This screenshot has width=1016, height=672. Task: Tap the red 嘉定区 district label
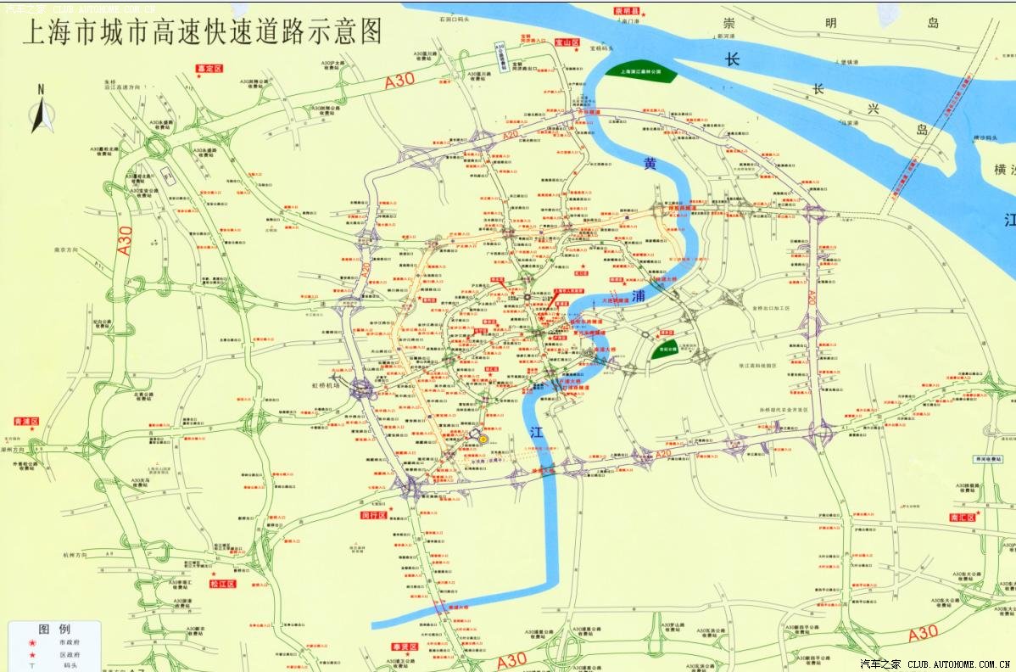(208, 68)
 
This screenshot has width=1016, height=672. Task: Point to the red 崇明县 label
(629, 12)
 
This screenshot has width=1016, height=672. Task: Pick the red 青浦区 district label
(27, 421)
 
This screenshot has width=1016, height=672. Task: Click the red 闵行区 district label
(374, 515)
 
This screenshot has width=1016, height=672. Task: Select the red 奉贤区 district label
(405, 647)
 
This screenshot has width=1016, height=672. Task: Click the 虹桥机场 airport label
(323, 384)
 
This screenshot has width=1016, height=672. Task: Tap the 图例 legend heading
(53, 630)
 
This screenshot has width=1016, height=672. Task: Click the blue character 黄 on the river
(650, 165)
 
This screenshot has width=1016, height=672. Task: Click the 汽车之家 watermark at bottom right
(880, 664)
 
